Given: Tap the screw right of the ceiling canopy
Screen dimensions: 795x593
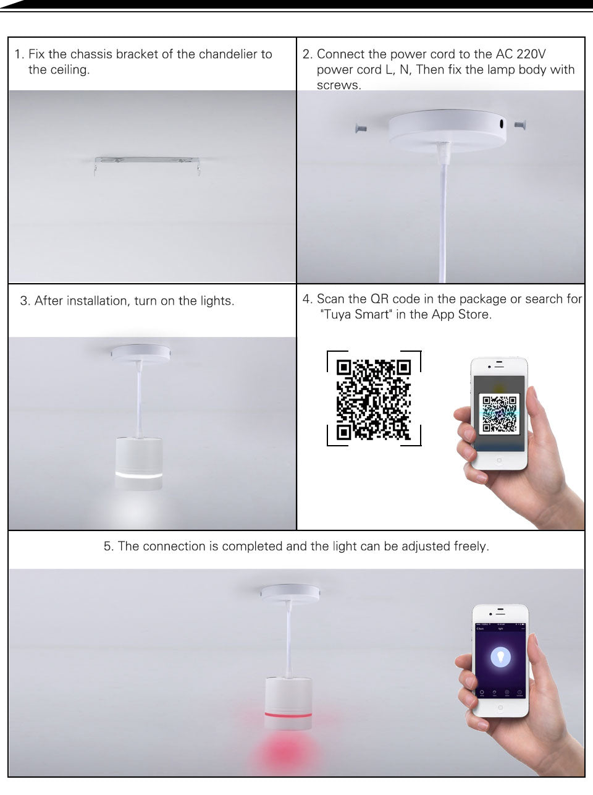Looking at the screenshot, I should (519, 125).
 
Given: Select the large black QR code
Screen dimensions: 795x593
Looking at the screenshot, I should (374, 399).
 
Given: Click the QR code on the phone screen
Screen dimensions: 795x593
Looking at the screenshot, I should (499, 414).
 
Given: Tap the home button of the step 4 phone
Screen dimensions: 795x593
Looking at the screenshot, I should (499, 461).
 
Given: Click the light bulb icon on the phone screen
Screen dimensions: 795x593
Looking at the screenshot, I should (500, 657).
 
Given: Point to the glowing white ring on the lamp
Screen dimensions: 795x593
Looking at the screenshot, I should (138, 474).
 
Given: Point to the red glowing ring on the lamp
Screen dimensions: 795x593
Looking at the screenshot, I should (288, 714).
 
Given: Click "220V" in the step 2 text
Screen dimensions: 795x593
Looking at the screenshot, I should (529, 54).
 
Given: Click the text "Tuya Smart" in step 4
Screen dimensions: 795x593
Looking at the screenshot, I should (356, 315).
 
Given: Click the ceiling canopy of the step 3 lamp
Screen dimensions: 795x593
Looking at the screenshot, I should (140, 353).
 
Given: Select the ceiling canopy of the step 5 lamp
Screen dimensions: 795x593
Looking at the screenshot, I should (290, 593).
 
